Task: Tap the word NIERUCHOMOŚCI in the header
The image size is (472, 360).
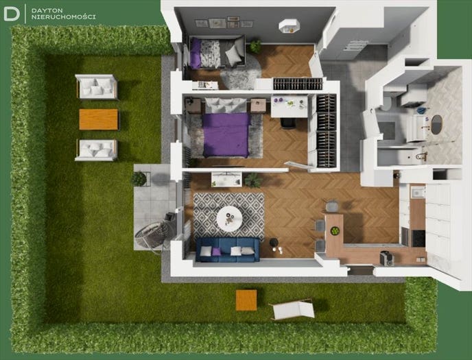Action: pyautogui.click(x=64, y=17)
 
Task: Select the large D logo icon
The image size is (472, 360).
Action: pyautogui.click(x=12, y=14)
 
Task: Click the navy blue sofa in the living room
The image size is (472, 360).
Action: pyautogui.click(x=228, y=250)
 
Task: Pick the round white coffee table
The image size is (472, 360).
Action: pyautogui.click(x=229, y=219)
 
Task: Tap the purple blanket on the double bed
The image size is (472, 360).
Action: pyautogui.click(x=226, y=134)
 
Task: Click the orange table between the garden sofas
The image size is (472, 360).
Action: pyautogui.click(x=99, y=119)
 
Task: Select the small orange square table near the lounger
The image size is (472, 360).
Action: pyautogui.click(x=246, y=300)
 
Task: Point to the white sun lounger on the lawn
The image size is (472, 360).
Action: pyautogui.click(x=292, y=309)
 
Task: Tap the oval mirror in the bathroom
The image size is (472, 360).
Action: pyautogui.click(x=436, y=124)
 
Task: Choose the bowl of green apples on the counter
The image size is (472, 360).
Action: pyautogui.click(x=335, y=231)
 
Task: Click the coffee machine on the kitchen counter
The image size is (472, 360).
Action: pyautogui.click(x=387, y=258)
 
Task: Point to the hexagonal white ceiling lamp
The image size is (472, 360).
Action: pyautogui.click(x=290, y=26)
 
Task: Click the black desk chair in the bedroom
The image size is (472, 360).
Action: pyautogui.click(x=288, y=123)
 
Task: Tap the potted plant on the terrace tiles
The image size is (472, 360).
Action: pyautogui.click(x=139, y=179)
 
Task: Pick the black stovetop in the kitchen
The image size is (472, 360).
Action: pyautogui.click(x=418, y=238)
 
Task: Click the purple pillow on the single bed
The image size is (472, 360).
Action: pyautogui.click(x=196, y=53)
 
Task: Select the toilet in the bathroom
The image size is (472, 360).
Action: pyautogui.click(x=388, y=101)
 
